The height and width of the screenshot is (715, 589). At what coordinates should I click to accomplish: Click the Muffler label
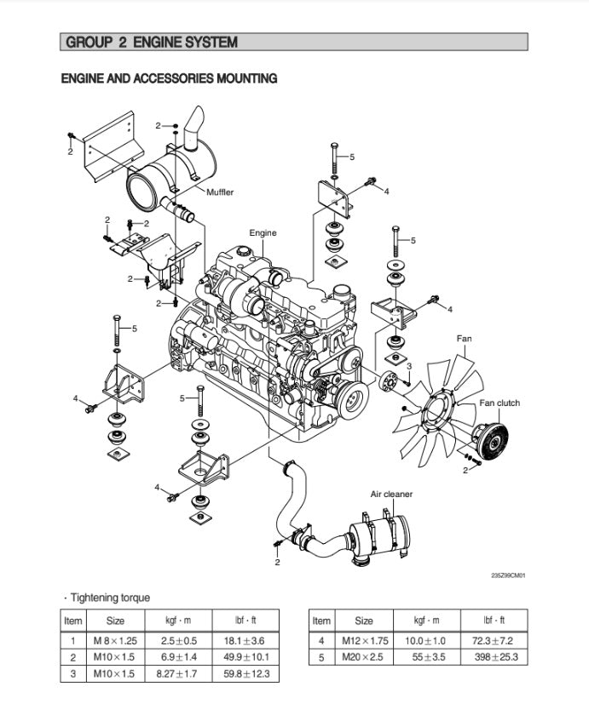click(219, 192)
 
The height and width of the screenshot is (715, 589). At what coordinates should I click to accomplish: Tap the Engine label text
click(263, 232)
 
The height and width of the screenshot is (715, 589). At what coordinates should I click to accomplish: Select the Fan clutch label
click(499, 403)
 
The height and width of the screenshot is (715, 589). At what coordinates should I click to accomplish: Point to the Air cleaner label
click(391, 494)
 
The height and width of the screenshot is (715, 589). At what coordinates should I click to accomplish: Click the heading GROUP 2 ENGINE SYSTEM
click(152, 42)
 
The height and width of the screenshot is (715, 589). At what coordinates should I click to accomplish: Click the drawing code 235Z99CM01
click(508, 575)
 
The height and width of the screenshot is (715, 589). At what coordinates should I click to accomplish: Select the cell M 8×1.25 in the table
click(115, 640)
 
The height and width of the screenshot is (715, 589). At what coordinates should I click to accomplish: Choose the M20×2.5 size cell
click(364, 657)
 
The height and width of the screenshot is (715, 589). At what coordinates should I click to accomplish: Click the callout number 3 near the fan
click(408, 365)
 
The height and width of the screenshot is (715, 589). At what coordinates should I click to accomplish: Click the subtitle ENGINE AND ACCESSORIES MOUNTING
click(169, 78)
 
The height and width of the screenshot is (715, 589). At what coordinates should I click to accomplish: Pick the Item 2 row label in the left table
click(73, 657)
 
